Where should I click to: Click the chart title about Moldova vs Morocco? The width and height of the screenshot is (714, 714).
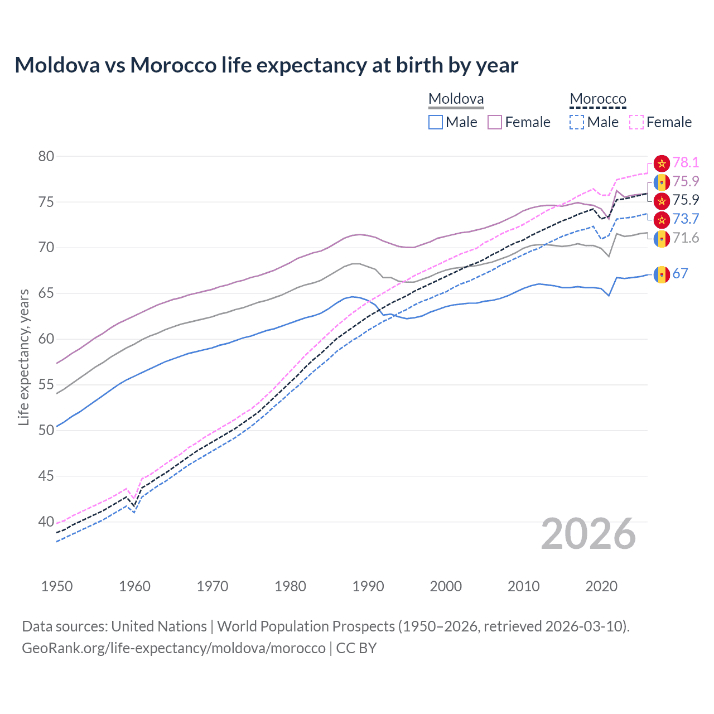(266, 65)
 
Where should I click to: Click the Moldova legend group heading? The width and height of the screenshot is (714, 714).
(456, 99)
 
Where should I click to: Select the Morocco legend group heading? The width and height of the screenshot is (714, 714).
(597, 99)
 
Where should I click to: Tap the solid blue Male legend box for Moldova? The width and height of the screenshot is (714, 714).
(436, 122)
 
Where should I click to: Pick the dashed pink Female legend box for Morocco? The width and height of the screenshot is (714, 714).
(636, 122)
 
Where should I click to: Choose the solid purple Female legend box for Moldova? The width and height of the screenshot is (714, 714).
(495, 122)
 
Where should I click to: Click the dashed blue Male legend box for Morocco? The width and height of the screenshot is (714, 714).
(577, 122)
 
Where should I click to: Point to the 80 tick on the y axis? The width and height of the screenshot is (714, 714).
(46, 156)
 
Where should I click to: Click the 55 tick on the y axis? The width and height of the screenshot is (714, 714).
(46, 385)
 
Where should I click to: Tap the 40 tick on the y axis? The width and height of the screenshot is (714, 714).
(46, 522)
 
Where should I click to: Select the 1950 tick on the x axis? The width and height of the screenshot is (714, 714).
(57, 586)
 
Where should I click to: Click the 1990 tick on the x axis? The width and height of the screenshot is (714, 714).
(368, 586)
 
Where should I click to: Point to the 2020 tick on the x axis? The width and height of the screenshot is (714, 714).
(601, 586)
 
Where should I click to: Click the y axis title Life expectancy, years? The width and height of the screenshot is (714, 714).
(23, 357)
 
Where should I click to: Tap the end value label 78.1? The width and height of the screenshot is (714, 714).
(686, 162)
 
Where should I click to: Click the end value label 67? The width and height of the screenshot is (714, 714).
(680, 273)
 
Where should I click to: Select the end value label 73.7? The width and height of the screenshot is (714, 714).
(686, 219)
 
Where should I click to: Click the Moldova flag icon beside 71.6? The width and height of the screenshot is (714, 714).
(662, 239)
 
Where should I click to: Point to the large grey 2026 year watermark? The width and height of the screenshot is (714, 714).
(588, 534)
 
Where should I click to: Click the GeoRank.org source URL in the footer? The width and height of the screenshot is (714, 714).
(173, 648)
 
